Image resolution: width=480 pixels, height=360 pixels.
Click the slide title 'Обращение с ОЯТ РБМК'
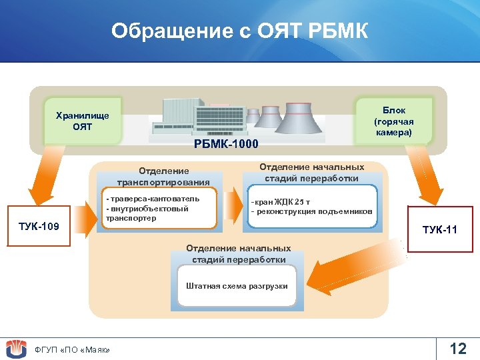(239, 31)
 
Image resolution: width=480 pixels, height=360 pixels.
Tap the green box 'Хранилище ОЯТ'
(83, 121)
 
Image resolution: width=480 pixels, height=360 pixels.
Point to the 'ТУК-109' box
(38, 227)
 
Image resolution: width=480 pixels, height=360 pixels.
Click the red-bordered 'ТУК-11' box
(440, 230)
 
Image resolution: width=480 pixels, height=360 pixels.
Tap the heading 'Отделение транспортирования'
(163, 177)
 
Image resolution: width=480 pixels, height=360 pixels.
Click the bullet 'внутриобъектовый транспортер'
(147, 213)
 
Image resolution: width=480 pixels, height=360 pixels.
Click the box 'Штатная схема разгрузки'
(237, 286)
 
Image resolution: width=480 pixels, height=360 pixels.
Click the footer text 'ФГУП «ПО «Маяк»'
(72, 350)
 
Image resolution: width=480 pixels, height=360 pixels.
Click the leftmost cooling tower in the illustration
(253, 116)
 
